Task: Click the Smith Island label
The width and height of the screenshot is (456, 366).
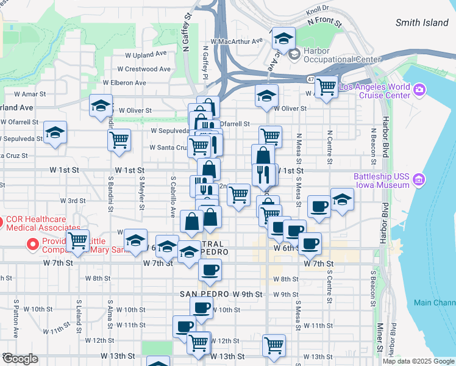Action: pos(422,23)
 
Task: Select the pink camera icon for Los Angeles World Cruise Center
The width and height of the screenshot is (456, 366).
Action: pos(419,91)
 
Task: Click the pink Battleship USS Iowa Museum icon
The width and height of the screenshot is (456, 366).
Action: pos(418,180)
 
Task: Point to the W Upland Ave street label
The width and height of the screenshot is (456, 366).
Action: pos(145,54)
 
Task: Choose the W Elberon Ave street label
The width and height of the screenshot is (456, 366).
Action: pos(124,82)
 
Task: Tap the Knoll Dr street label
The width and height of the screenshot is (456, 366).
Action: pos(317,9)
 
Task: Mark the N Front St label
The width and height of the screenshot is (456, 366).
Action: pos(326,21)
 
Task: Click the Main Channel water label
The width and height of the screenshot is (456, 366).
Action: pos(434,303)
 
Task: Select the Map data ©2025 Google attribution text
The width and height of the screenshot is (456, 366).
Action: pos(418,361)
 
